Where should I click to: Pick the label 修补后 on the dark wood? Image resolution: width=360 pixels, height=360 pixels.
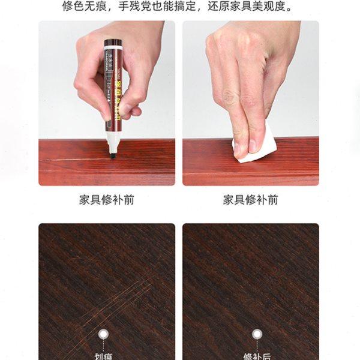coord(257,355)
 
